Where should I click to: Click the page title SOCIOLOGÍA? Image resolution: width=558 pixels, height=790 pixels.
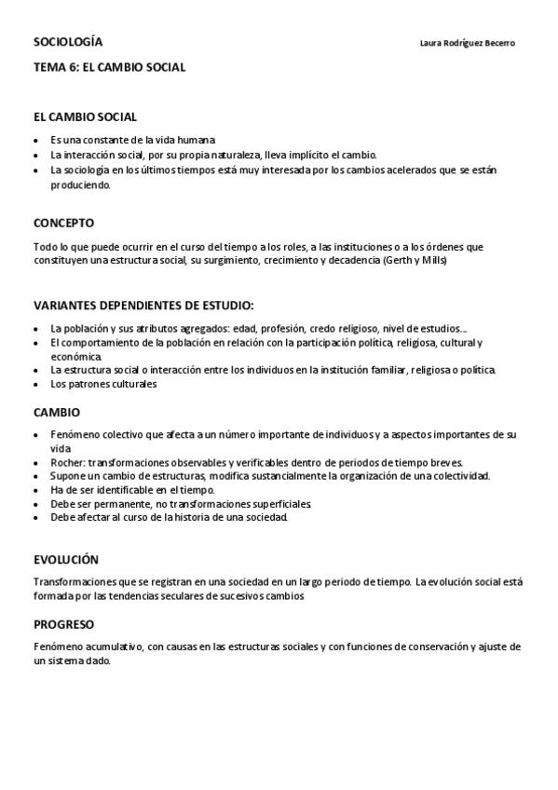[x=68, y=43]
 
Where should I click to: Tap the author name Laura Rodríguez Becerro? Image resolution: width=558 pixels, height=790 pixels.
[x=468, y=44]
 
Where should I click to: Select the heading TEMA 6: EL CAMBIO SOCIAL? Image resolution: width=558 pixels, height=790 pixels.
[x=109, y=67]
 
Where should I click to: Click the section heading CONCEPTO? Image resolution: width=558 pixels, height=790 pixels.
[x=63, y=224]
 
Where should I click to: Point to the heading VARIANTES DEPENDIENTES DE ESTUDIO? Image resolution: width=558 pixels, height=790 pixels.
[x=143, y=305]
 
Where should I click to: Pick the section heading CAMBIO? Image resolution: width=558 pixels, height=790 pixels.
[x=57, y=412]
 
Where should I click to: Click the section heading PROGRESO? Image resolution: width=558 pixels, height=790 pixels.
[x=63, y=624]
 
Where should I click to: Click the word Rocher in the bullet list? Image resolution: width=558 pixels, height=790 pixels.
[x=66, y=462]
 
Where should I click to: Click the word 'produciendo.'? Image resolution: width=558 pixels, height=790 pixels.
[x=81, y=184]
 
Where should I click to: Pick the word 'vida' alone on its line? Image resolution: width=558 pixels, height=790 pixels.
[x=60, y=448]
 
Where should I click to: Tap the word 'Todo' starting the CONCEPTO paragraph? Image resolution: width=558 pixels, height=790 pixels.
[x=44, y=247]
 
